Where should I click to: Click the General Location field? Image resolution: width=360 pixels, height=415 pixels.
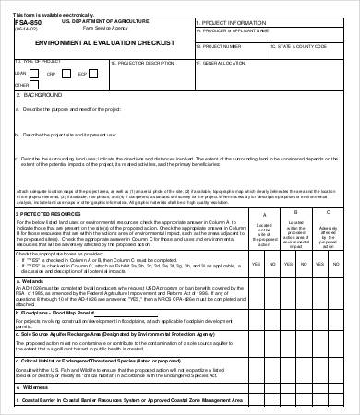277,76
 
